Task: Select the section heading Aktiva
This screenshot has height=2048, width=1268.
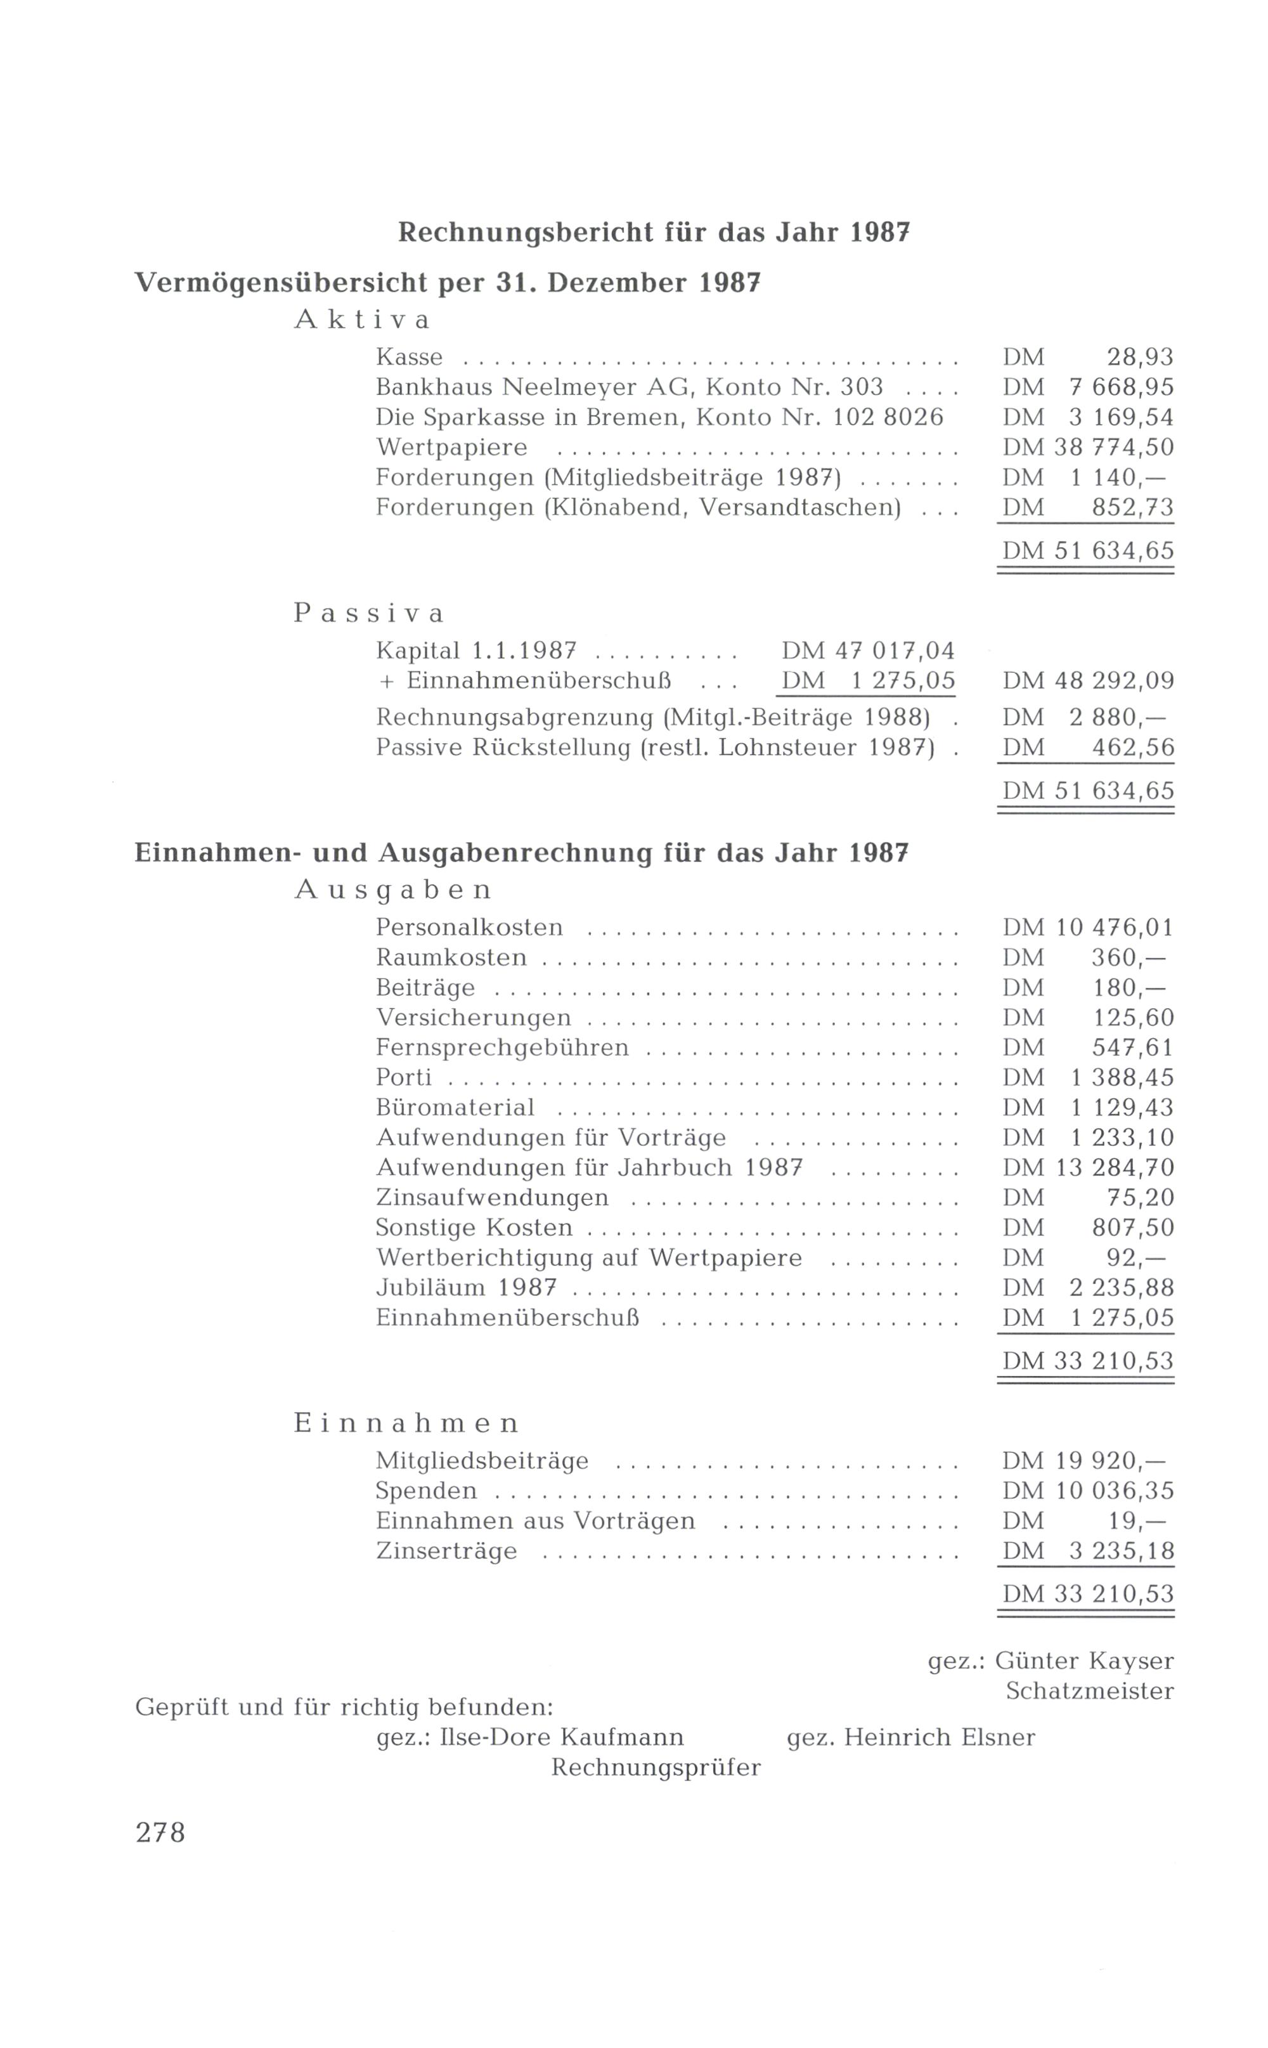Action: click(x=362, y=320)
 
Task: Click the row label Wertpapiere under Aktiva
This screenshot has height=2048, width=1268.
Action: click(x=451, y=447)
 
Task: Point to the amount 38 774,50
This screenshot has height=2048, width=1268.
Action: click(x=1114, y=447)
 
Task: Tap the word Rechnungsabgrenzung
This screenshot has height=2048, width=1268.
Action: click(x=515, y=718)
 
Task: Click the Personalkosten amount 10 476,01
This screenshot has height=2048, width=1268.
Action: click(x=1115, y=928)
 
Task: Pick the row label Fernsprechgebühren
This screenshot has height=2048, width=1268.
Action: click(x=501, y=1047)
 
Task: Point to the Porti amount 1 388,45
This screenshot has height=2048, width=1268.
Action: click(x=1122, y=1078)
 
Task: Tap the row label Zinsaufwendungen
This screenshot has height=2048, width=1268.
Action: click(x=492, y=1198)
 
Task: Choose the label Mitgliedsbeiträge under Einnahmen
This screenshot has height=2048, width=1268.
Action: click(x=482, y=1461)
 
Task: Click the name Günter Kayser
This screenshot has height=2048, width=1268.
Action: click(x=1084, y=1661)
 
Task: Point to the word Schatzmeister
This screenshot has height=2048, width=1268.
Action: click(x=1089, y=1691)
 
